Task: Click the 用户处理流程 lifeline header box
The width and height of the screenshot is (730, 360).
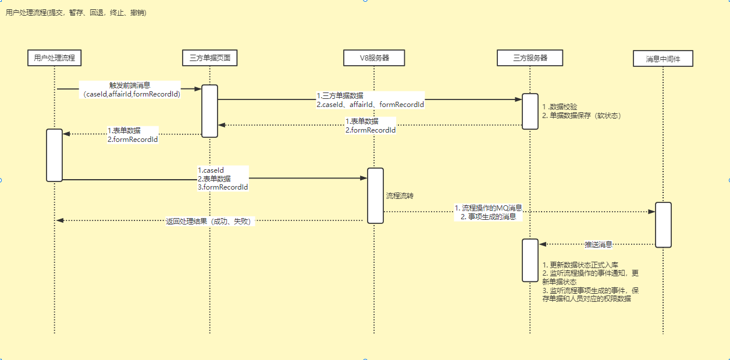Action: pos(54,58)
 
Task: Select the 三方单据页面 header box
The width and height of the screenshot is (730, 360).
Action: pos(209,58)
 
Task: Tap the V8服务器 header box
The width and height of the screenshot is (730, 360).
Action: pos(374,58)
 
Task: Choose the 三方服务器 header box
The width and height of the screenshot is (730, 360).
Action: pos(530,58)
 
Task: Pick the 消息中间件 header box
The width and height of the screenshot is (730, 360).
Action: pos(663,59)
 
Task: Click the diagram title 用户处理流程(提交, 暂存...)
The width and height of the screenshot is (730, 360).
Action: pos(76,13)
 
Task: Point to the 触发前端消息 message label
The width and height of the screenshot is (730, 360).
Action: pos(130,85)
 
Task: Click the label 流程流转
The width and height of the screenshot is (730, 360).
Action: pos(400,196)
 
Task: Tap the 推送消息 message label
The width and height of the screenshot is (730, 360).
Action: pos(598,245)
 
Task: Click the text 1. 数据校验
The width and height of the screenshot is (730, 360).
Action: pos(560,107)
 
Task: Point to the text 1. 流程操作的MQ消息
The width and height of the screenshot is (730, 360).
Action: pos(489,208)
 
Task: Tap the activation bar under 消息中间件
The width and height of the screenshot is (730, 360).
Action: pos(663,224)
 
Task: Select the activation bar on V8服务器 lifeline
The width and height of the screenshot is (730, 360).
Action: pos(375,195)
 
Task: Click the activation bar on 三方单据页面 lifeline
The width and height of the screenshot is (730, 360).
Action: pos(209,111)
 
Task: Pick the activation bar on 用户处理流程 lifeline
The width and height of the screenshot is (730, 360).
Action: pos(54,155)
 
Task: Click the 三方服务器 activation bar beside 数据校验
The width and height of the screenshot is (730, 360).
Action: pos(530,111)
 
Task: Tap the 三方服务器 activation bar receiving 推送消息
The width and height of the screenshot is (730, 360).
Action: pos(530,260)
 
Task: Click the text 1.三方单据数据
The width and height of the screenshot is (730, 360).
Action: pos(340,95)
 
